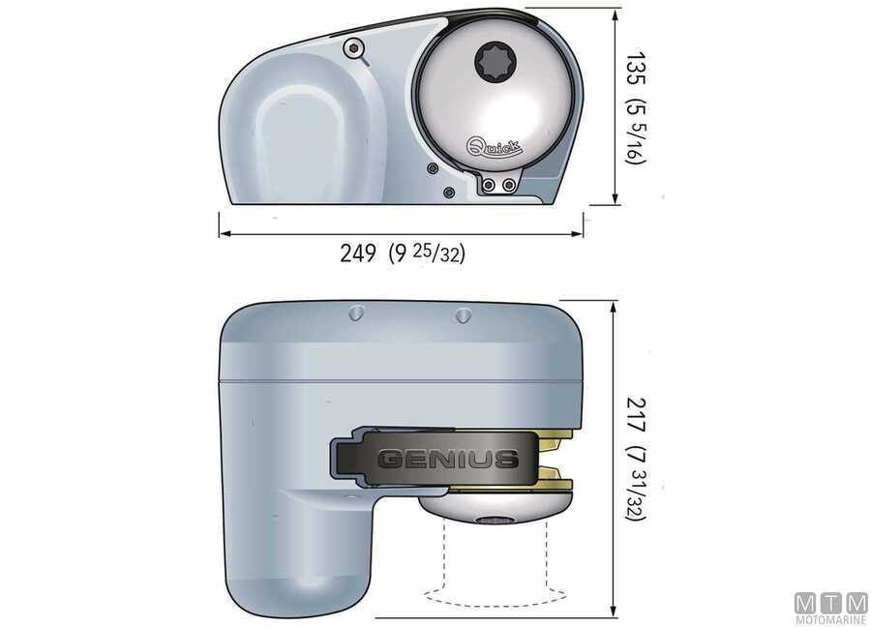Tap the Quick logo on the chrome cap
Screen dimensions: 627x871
coord(496,146)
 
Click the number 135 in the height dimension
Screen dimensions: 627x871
coord(636,71)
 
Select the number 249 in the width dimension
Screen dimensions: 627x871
coord(358,254)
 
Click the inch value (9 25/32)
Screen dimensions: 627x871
coord(427,254)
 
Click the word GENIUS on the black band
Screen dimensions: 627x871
coord(446,459)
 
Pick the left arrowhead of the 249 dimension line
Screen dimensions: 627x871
coord(223,233)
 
